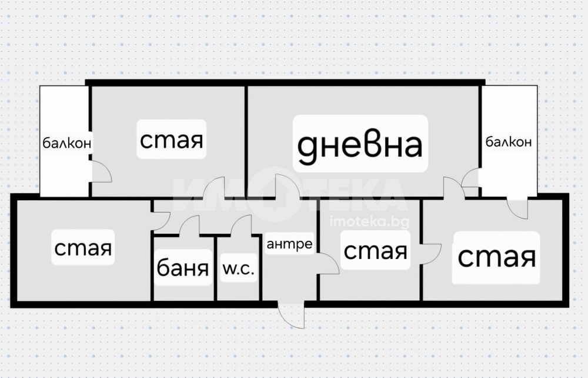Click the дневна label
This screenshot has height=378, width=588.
360,145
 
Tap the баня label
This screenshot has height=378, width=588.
183,268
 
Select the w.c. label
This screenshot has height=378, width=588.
239,268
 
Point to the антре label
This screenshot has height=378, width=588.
289,244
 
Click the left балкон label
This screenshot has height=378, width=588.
67,143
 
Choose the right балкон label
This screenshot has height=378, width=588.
509,142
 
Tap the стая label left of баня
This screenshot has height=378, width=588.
83,248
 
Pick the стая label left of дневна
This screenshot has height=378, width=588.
171,140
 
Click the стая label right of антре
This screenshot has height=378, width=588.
375,250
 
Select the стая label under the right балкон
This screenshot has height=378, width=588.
496,257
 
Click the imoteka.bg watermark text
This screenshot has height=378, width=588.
369,222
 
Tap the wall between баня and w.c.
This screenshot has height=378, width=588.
216,268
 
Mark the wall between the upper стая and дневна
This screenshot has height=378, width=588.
246,141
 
